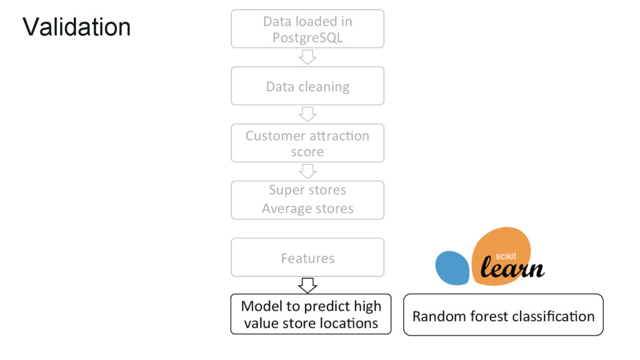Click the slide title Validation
tap(76, 27)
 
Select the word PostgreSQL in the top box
tap(307, 37)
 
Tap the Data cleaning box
tap(307, 86)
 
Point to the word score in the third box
tap(307, 152)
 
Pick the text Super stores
tap(307, 189)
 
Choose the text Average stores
tap(307, 209)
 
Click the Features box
tap(307, 257)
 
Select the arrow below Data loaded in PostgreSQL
tap(307, 57)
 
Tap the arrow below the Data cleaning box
tap(307, 114)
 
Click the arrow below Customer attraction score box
tap(307, 171)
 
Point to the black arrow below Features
tap(307, 286)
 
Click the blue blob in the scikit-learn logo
tap(452, 268)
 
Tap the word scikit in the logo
tap(506, 256)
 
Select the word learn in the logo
tap(512, 269)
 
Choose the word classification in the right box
tap(553, 316)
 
